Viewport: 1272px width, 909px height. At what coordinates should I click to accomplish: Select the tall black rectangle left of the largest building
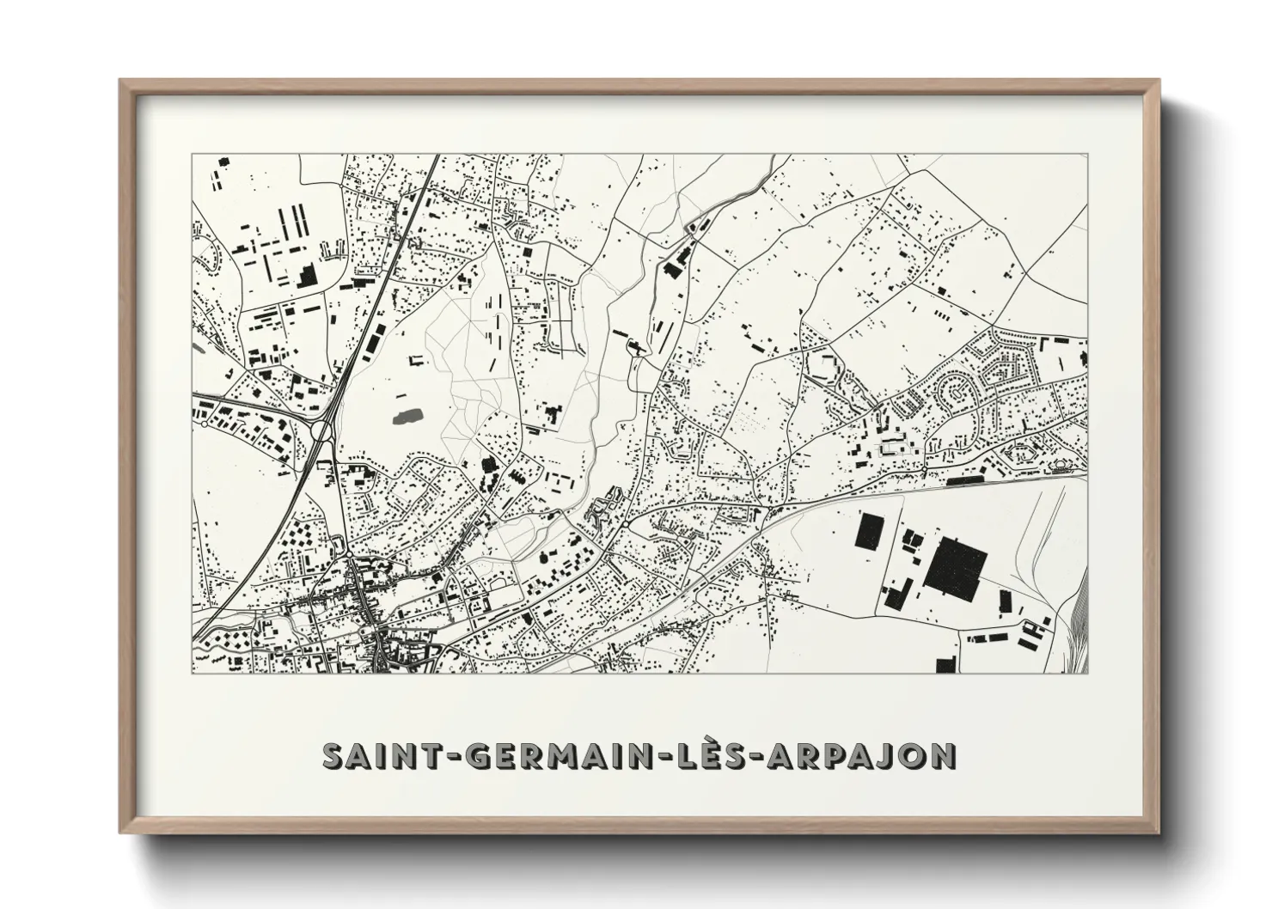point(871,539)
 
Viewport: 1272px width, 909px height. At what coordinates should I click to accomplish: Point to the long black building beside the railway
point(968,481)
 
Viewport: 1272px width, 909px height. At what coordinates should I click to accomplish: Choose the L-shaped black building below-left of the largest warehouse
point(896,594)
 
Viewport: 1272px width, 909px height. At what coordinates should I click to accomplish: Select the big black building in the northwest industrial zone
point(307,276)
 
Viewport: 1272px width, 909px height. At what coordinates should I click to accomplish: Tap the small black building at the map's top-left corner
point(223,162)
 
